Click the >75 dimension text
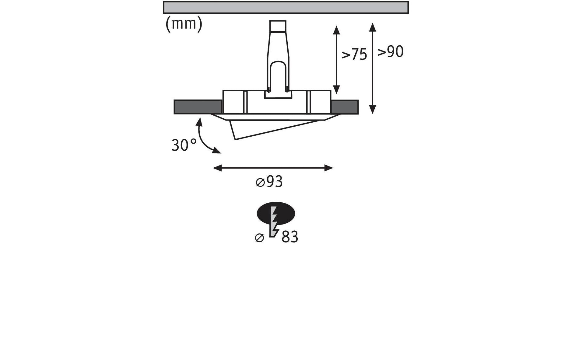tap(354, 55)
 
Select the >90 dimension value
tap(391, 52)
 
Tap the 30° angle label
tap(184, 145)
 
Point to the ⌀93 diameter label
tap(269, 182)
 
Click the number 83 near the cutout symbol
tap(290, 237)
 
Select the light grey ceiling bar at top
tap(286, 7)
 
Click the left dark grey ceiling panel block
tap(198, 107)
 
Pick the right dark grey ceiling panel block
tap(345, 107)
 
